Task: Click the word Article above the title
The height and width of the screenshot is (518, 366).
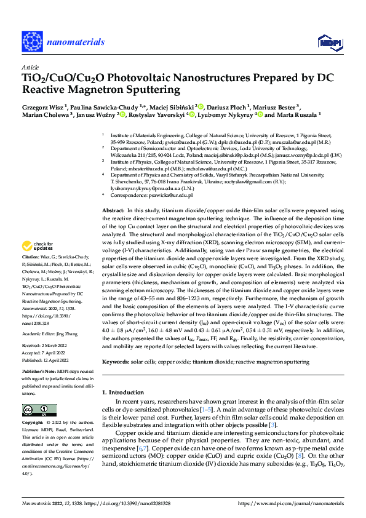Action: (30, 67)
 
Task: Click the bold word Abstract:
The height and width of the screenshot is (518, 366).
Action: (114, 211)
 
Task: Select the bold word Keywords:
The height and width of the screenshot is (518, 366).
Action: (116, 363)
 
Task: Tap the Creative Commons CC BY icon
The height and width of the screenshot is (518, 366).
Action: (36, 410)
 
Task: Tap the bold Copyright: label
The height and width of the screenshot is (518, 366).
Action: (33, 423)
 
